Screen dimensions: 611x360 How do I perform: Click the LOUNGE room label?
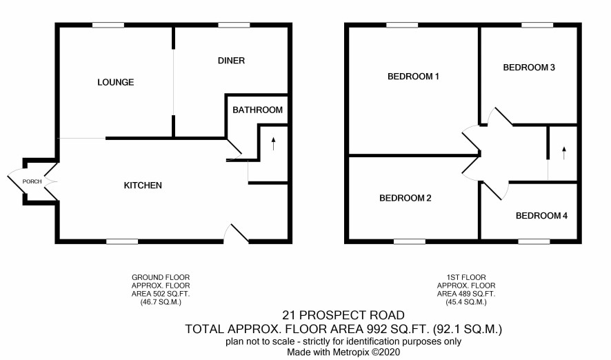[115, 82]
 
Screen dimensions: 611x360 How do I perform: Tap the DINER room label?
[231, 61]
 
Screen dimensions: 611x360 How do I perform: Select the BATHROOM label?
[257, 110]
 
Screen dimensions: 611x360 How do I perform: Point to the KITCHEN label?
[143, 186]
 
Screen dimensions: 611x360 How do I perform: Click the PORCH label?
[32, 181]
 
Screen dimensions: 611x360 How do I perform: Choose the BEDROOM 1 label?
[413, 77]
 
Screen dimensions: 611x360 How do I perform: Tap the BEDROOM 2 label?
[405, 198]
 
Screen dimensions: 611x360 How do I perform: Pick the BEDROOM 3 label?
[529, 68]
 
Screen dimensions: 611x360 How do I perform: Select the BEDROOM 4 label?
[541, 215]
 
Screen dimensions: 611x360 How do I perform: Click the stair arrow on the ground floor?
[273, 143]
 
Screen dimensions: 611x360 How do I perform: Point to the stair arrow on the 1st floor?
[564, 152]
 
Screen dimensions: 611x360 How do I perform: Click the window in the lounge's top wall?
[108, 26]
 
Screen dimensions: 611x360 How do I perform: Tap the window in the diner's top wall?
[234, 26]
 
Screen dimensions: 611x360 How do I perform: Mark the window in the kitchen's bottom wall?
[122, 241]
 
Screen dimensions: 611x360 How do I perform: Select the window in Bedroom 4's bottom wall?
[534, 241]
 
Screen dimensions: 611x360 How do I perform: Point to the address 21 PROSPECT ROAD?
[343, 314]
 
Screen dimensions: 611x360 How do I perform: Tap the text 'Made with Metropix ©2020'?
[343, 352]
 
